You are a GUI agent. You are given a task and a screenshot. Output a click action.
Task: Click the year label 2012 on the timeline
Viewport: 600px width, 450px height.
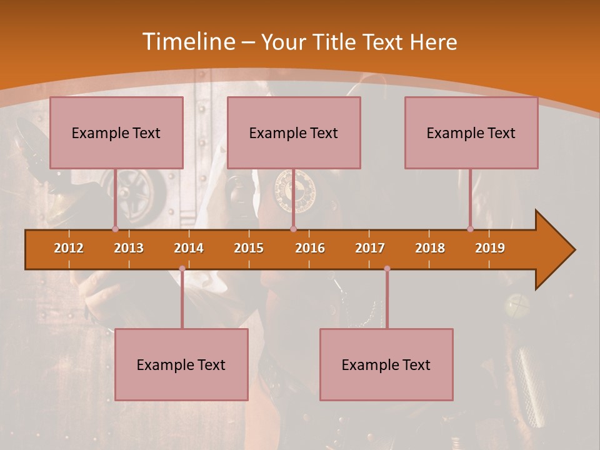pos(69,248)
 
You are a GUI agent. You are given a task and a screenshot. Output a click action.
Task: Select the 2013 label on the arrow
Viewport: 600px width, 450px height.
pos(129,248)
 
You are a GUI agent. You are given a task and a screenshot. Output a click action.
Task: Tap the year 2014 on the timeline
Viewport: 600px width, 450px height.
pos(189,248)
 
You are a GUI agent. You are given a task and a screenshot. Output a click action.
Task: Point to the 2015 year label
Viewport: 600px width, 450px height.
pos(249,248)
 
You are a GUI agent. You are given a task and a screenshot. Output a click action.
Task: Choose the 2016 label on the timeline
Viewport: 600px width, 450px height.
pos(310,248)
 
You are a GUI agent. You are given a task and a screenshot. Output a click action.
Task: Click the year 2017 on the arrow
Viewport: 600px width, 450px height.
pos(370,248)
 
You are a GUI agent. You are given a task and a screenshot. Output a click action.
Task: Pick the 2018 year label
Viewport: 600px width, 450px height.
pos(430,248)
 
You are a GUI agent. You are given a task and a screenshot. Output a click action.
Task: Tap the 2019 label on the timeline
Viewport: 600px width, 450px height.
pos(490,248)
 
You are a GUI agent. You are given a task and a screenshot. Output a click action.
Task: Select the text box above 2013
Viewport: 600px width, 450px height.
pos(116,132)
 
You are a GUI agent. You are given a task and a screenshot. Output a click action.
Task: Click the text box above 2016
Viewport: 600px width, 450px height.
pos(294,132)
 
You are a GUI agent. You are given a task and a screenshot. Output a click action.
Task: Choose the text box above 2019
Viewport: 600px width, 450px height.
pos(471,132)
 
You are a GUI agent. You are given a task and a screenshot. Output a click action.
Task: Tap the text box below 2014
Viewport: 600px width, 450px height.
pos(181,364)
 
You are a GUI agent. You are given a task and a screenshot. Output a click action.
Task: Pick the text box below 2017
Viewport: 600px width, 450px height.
pos(386,364)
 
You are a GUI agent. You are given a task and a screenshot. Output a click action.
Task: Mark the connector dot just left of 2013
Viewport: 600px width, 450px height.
pos(115,229)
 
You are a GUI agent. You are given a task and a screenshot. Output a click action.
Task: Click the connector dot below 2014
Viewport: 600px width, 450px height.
pos(182,269)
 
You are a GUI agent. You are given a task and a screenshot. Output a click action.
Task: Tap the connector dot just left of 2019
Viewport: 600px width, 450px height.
pos(470,229)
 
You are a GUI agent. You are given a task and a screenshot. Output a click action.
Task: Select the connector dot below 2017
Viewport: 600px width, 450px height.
pos(387,269)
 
